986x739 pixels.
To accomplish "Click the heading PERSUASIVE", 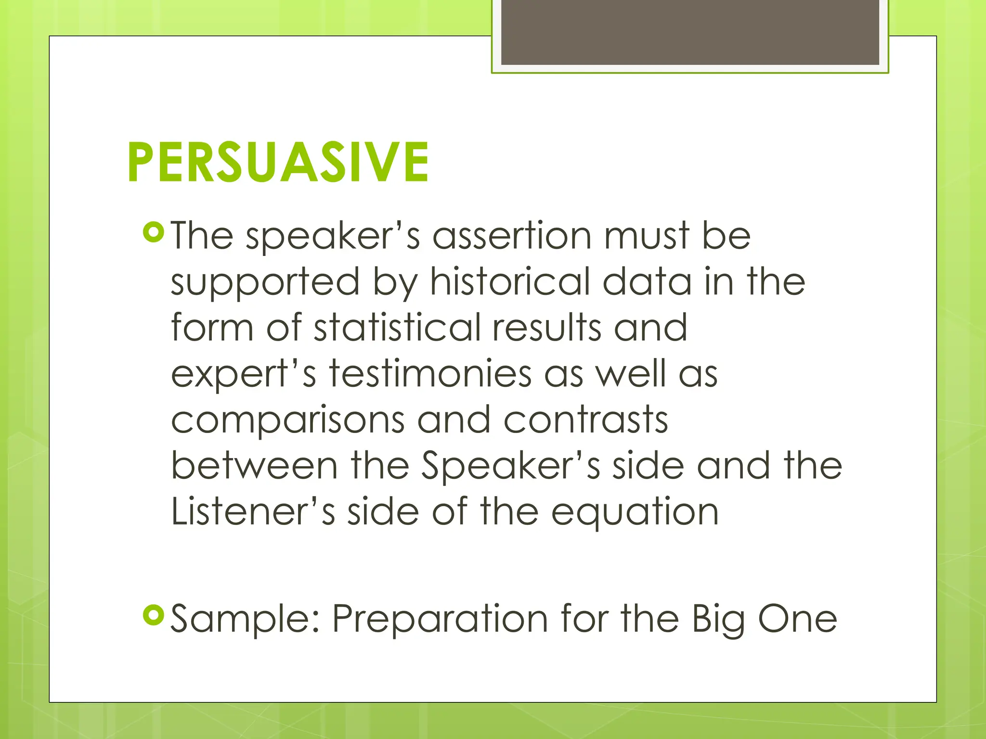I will click(278, 162).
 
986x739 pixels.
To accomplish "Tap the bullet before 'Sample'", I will click(154, 614).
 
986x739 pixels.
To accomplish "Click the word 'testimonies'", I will click(430, 374).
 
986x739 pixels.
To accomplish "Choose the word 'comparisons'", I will click(287, 420).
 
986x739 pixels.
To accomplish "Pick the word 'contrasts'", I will click(585, 420).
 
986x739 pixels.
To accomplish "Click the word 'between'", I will click(255, 466).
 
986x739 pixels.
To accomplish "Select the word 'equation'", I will click(635, 513).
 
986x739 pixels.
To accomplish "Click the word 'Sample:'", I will click(245, 619).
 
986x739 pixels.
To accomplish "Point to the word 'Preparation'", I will click(440, 619).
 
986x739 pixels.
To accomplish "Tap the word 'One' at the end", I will click(798, 619).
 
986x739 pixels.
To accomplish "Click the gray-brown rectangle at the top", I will click(690, 32).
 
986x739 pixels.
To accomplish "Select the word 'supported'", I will click(265, 283).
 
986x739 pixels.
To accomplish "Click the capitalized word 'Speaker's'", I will click(511, 467).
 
